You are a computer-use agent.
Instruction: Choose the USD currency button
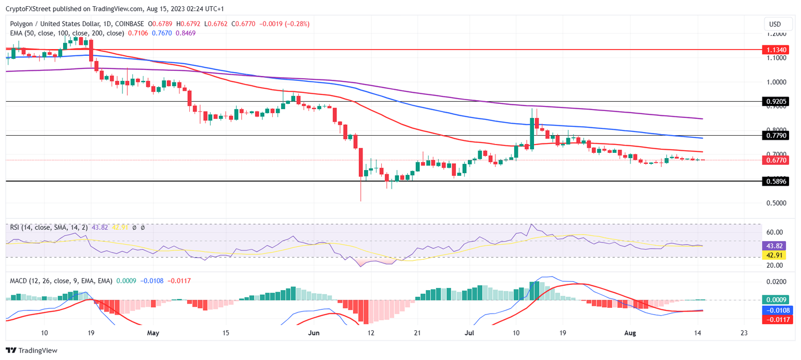(x=775, y=24)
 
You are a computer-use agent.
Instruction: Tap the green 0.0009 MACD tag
(x=774, y=300)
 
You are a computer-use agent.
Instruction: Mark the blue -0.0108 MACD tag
(x=774, y=310)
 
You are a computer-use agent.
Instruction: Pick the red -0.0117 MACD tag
(x=774, y=319)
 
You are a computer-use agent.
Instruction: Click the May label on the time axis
(x=153, y=332)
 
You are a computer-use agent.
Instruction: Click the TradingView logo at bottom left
(x=32, y=351)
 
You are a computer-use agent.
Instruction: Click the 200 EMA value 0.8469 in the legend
(x=186, y=33)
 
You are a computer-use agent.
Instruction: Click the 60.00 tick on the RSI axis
(x=774, y=232)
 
